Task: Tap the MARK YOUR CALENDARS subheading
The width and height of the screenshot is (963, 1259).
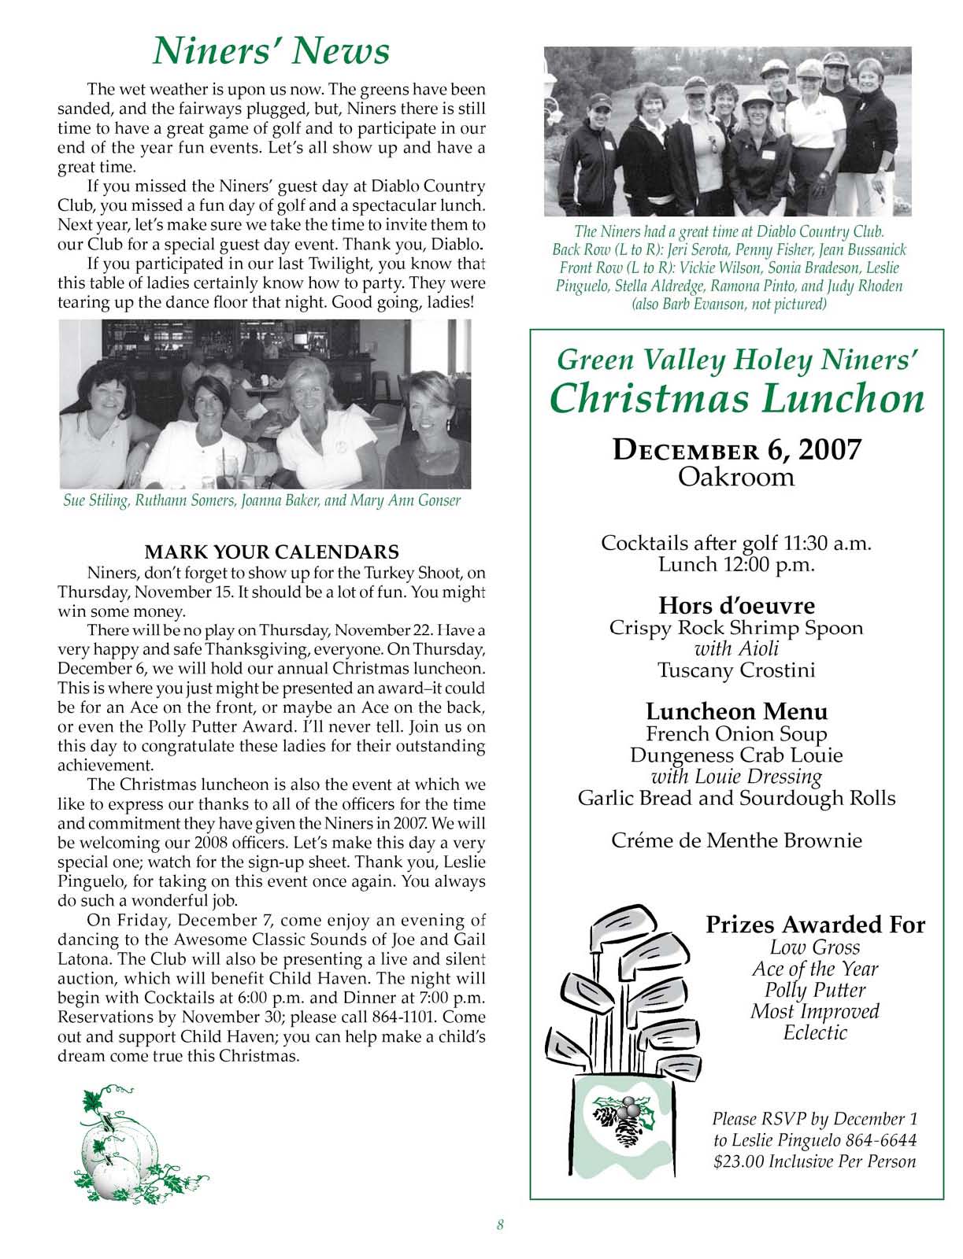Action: click(x=272, y=551)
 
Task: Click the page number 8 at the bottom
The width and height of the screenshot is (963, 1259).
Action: click(x=500, y=1224)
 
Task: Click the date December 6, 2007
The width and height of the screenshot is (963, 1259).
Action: click(x=736, y=450)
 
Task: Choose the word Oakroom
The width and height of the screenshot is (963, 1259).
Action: click(x=736, y=477)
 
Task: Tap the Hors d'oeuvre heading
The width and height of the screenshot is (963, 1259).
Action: click(x=736, y=606)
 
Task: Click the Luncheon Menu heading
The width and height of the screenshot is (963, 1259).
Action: click(x=736, y=711)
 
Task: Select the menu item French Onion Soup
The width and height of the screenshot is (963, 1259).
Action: click(x=736, y=734)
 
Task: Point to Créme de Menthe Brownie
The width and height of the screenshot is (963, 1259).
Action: click(x=736, y=840)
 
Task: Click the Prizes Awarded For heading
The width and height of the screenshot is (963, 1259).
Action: click(x=815, y=925)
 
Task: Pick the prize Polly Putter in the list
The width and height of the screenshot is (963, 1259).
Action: click(x=815, y=990)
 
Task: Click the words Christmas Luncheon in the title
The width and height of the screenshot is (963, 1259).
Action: click(x=736, y=398)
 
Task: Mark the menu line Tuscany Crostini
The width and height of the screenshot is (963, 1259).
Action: click(x=736, y=670)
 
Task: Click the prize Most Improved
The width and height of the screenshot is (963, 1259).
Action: click(x=815, y=1011)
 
